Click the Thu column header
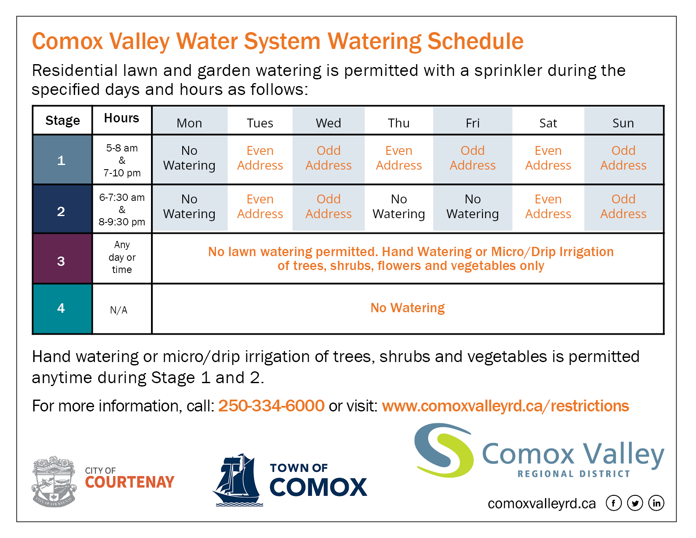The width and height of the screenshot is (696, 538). [x=399, y=123]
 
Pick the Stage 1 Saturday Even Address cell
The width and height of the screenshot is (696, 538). [x=548, y=158]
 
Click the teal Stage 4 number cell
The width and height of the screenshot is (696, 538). [x=62, y=309]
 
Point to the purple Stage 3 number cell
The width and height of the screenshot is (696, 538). [x=62, y=259]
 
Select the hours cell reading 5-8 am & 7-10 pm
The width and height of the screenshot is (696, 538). [x=122, y=160]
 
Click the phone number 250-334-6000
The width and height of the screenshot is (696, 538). [x=271, y=406]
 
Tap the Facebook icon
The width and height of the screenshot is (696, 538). [x=614, y=503]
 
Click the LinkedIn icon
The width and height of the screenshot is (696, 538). [x=656, y=503]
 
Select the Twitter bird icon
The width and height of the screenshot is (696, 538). [x=635, y=503]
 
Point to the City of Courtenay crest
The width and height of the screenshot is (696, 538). [x=54, y=481]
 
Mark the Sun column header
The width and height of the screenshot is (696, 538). [x=623, y=123]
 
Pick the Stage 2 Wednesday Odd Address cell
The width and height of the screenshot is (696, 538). [x=328, y=207]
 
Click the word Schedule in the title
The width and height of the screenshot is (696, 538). [x=475, y=42]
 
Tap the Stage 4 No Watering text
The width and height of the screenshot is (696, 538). [x=407, y=308]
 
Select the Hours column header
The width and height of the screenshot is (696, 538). [x=122, y=118]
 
